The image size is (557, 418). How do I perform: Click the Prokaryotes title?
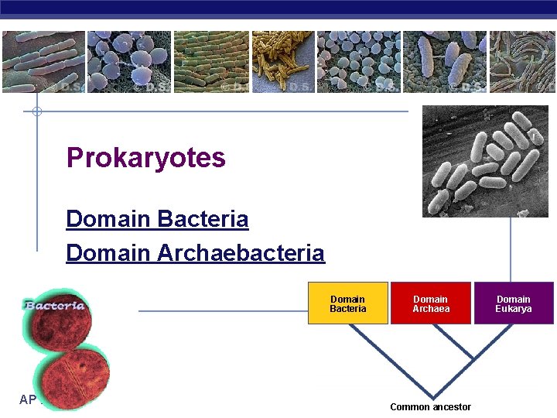pyautogui.click(x=145, y=158)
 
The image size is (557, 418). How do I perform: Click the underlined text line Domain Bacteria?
pyautogui.click(x=157, y=219)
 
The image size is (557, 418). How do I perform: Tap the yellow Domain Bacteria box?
pyautogui.click(x=347, y=303)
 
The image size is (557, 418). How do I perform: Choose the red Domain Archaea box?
pyautogui.click(x=431, y=303)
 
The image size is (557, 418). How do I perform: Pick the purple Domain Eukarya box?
pyautogui.click(x=514, y=303)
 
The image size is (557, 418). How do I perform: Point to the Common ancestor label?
pyautogui.click(x=430, y=407)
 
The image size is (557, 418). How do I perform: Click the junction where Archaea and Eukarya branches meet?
pyautogui.click(x=473, y=361)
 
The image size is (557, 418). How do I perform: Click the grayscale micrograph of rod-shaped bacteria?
pyautogui.click(x=484, y=161)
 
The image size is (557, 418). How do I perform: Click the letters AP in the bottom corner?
pyautogui.click(x=28, y=399)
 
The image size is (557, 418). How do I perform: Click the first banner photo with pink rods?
pyautogui.click(x=43, y=61)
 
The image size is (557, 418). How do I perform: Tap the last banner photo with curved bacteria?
pyautogui.click(x=523, y=61)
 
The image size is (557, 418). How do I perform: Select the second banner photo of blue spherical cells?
pyautogui.click(x=128, y=61)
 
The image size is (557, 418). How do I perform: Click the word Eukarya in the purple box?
pyautogui.click(x=514, y=309)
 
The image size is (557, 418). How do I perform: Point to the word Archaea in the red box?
pyautogui.click(x=431, y=309)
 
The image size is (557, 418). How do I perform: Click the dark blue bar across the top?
pyautogui.click(x=278, y=8)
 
